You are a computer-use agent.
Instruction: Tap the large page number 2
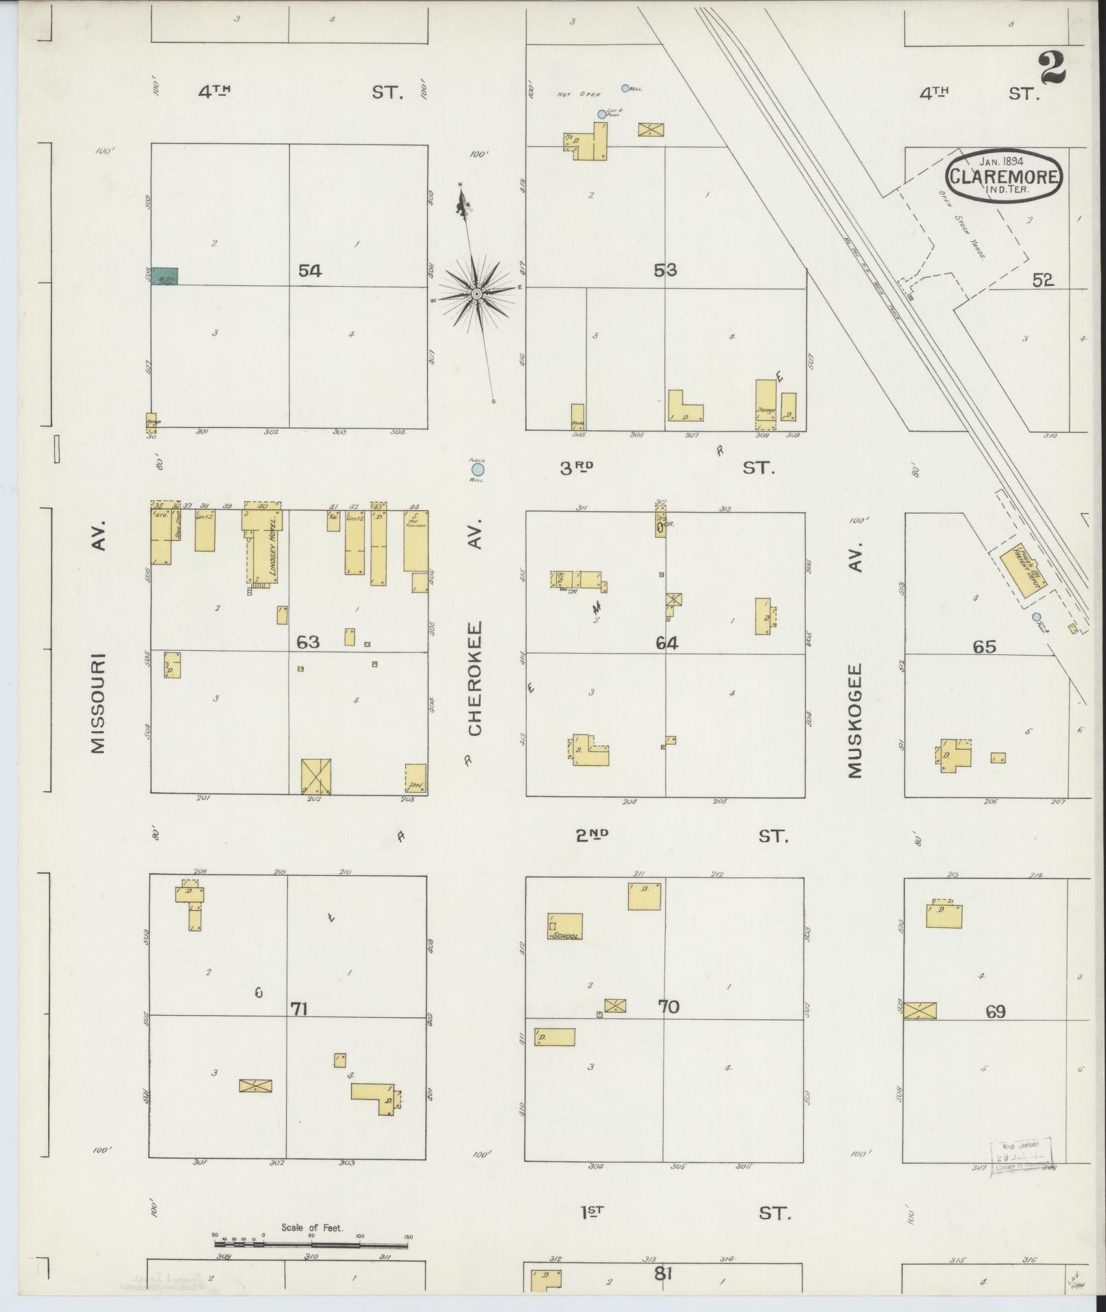click(1052, 67)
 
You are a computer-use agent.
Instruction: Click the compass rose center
click(475, 294)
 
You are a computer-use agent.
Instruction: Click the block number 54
click(309, 271)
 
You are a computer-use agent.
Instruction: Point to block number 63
click(308, 642)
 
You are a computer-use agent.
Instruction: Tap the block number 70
click(668, 1007)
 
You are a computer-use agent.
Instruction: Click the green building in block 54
click(165, 276)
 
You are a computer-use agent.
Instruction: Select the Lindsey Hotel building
click(263, 549)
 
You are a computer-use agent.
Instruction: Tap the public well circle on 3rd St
click(477, 470)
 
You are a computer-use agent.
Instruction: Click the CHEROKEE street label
click(475, 679)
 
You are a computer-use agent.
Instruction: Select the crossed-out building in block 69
click(919, 1010)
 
